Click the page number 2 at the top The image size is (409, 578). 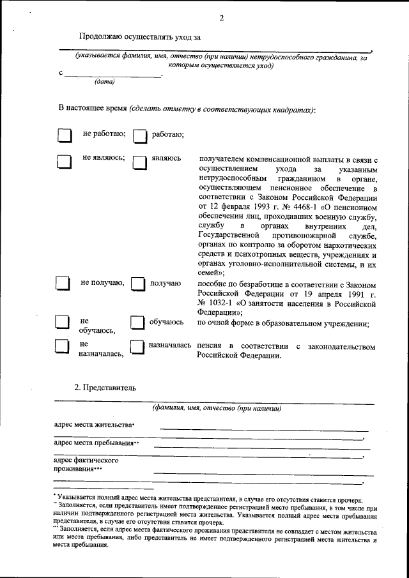(x=221, y=18)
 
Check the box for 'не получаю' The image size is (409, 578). (x=63, y=284)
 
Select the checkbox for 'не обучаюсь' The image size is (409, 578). (x=62, y=323)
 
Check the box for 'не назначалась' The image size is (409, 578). (x=62, y=347)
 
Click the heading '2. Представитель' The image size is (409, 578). (x=105, y=387)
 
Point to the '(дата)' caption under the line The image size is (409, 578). (x=104, y=82)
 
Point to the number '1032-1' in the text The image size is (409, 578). (x=226, y=303)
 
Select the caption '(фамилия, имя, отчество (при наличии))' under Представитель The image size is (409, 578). (x=217, y=408)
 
